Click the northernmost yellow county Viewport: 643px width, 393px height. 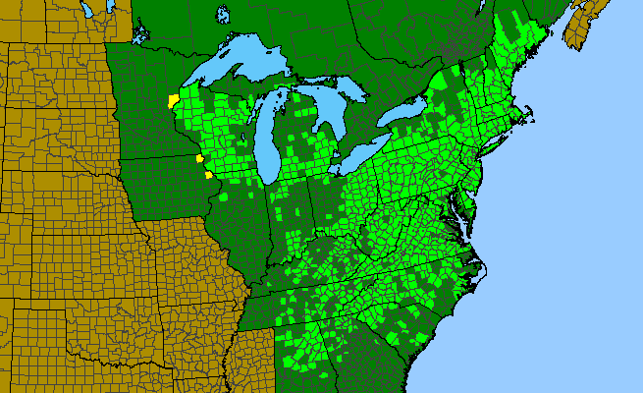pyautogui.click(x=173, y=101)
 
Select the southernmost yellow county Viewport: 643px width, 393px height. pyautogui.click(x=208, y=175)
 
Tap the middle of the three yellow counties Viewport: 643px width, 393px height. pyautogui.click(x=199, y=157)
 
